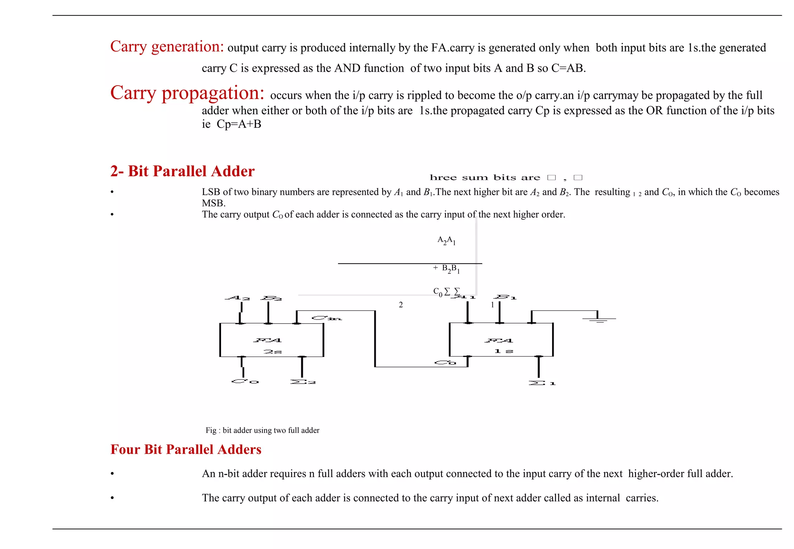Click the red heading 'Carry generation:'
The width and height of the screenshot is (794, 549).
pos(167,47)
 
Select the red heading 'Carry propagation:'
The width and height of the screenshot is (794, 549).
pos(187,93)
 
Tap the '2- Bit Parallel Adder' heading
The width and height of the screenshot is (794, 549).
pos(182,171)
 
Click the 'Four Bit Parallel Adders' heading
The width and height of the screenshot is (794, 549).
pos(186,449)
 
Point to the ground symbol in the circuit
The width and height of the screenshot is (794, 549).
pos(599,319)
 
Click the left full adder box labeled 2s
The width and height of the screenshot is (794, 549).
pos(271,340)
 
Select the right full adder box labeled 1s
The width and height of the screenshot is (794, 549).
pos(501,340)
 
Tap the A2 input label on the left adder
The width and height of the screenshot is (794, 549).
pos(238,298)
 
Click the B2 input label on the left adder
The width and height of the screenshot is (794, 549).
pos(271,298)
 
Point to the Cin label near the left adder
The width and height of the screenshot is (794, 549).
pos(326,318)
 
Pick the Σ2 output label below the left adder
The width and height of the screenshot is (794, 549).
pos(303,382)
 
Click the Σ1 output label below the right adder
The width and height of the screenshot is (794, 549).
pos(542,383)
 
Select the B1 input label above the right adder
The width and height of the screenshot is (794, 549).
pos(506,297)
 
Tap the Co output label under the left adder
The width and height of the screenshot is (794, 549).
pos(245,381)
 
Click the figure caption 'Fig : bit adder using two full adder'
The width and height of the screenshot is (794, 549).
pos(262,430)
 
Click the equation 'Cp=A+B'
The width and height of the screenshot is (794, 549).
pos(239,124)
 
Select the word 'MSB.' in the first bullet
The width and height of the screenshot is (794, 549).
pos(214,203)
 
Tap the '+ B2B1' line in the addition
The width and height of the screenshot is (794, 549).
pos(446,269)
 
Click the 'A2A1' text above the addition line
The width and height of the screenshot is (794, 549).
pos(446,240)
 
